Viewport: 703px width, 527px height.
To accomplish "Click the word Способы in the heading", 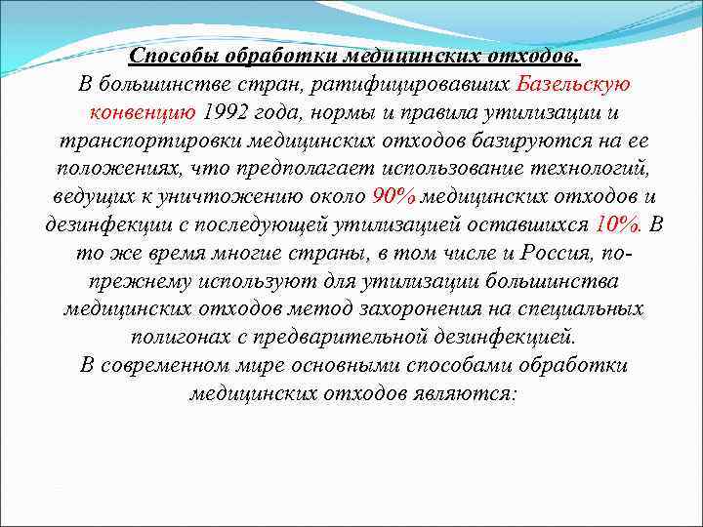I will point(174,57).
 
